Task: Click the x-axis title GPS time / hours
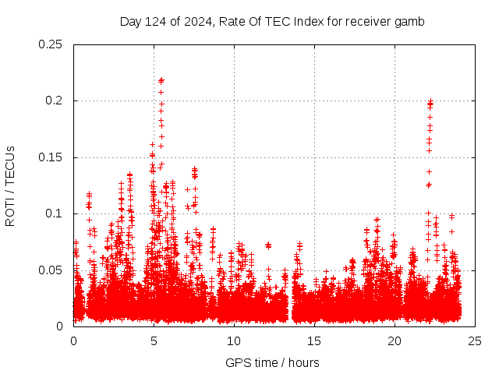click(272, 362)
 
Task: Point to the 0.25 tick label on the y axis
click(51, 44)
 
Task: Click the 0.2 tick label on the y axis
click(54, 101)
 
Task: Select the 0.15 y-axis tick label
click(51, 157)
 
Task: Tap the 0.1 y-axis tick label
click(54, 213)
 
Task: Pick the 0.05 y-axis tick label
click(51, 270)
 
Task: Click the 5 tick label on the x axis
click(154, 340)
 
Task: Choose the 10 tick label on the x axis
click(235, 340)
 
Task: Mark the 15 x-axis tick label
click(315, 340)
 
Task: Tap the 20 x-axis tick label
click(395, 340)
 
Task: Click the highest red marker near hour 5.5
click(161, 79)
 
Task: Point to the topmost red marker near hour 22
click(430, 101)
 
